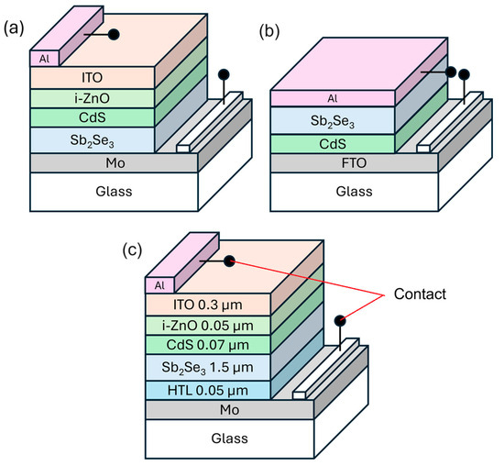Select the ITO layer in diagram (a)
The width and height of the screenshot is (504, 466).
click(x=92, y=77)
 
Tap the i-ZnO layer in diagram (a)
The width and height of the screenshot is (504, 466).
click(x=92, y=97)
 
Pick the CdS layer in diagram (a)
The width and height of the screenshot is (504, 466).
click(x=92, y=117)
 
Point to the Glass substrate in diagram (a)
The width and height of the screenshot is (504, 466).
click(x=92, y=192)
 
